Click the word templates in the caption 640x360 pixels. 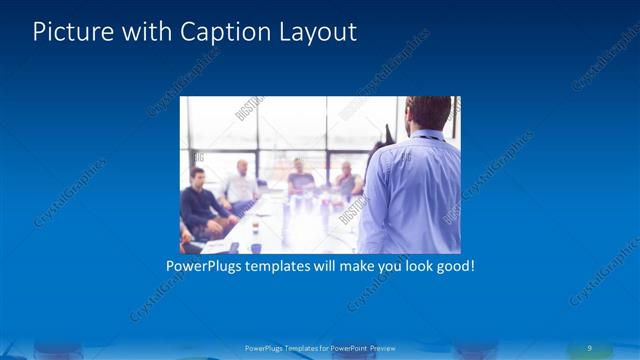290,267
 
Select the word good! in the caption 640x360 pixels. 452,267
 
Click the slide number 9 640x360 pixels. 590,347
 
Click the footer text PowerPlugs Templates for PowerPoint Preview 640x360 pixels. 320,348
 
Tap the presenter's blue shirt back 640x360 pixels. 412,195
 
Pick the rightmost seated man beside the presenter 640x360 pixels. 346,181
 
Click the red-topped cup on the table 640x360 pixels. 255,229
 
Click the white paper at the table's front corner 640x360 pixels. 214,243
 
